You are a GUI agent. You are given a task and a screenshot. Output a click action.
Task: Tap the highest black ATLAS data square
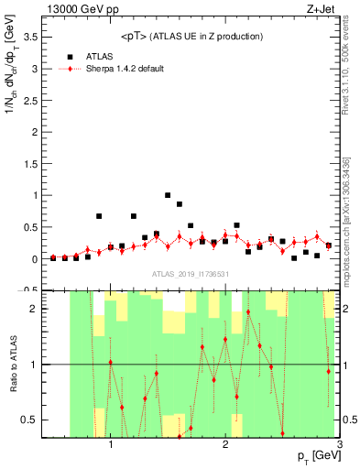(168, 195)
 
